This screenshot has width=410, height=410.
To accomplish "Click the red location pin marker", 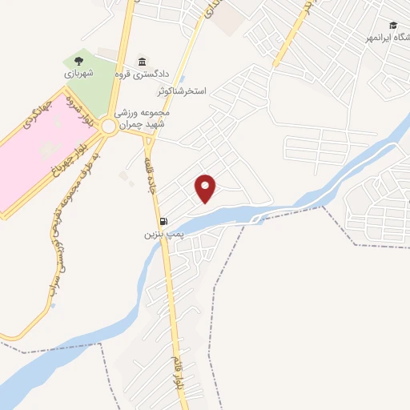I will [207, 188].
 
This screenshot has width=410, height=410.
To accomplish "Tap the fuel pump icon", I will [163, 222].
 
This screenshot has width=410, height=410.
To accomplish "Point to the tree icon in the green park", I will [78, 60].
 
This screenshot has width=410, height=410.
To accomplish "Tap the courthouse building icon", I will [142, 61].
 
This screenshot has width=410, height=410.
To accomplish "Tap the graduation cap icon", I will [392, 25].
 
